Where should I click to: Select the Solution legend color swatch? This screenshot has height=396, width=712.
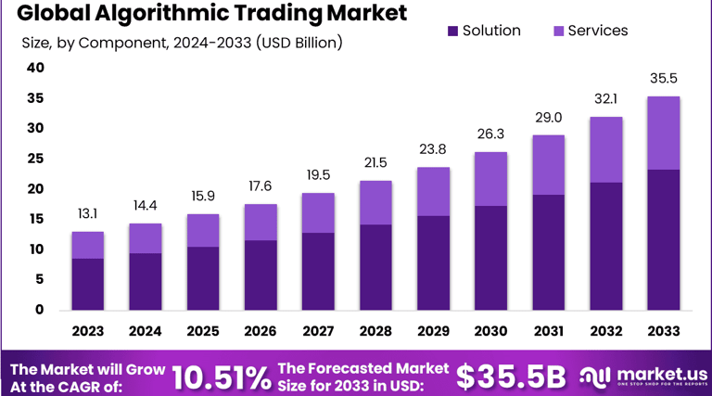pos(453,31)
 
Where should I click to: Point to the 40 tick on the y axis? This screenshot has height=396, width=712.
pos(35,68)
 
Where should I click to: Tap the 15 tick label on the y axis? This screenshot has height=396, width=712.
pos(35,219)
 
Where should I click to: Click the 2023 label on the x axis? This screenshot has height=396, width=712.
pos(87,331)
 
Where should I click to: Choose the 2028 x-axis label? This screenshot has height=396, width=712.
pos(375,331)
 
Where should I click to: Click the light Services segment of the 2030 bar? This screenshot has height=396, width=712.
pos(490,179)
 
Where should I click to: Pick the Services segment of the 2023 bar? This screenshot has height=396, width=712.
pos(87,245)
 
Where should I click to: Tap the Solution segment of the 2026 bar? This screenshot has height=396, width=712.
pos(260,275)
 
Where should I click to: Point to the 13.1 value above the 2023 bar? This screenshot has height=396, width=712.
pos(87,213)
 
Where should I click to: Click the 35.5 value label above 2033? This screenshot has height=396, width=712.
pos(663,78)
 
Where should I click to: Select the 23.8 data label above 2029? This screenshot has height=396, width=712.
pos(433,148)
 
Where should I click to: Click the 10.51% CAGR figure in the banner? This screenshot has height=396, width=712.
pos(222,377)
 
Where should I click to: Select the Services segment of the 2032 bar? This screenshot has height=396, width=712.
pos(605,149)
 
